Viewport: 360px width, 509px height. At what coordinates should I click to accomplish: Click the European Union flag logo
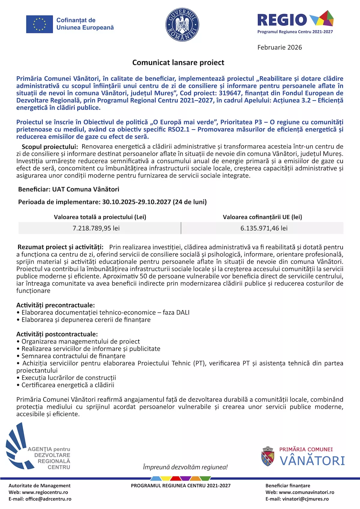point(39,24)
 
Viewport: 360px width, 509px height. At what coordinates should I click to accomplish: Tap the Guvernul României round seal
point(182,25)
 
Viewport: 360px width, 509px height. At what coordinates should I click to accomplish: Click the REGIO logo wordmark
point(282,20)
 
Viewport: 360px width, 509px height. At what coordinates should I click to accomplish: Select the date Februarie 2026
point(280,47)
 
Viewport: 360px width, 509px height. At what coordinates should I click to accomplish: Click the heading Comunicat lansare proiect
point(178,63)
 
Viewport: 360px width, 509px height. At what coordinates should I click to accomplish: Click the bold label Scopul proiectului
point(50,147)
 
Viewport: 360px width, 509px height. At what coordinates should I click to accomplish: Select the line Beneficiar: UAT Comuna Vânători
point(69,189)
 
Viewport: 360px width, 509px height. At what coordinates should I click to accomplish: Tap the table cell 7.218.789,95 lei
point(96,228)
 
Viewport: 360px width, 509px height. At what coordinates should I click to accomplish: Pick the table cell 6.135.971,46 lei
point(264,228)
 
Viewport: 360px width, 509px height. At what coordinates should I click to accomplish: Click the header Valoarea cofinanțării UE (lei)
point(262,217)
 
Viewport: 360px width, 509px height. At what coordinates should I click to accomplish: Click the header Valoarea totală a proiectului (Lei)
point(100,217)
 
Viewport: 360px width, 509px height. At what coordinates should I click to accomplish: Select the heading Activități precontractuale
point(55,305)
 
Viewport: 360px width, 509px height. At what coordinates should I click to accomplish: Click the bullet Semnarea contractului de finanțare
point(73,356)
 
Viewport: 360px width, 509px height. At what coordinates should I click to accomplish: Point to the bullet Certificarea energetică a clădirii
point(68,385)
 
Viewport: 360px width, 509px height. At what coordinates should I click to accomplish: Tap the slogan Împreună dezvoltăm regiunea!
point(185,467)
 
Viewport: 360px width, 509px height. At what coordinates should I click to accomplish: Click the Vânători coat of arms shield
point(268,457)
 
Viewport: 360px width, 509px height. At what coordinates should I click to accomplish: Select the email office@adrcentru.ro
point(48,499)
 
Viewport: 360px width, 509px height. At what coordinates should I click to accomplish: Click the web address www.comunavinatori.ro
point(306,492)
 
